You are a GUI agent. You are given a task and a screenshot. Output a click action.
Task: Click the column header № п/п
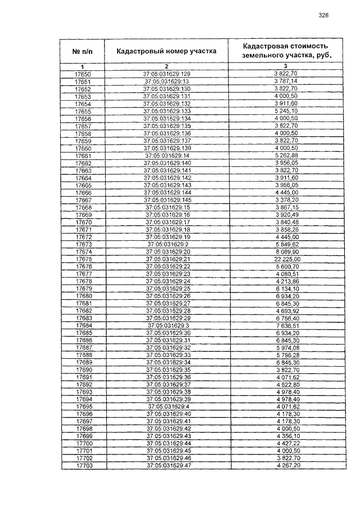(x=82, y=51)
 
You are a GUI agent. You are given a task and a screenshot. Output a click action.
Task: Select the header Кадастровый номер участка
(x=166, y=51)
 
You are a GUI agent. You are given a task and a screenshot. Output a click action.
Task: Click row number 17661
(x=83, y=156)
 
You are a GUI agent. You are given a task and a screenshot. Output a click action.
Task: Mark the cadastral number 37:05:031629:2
(x=167, y=244)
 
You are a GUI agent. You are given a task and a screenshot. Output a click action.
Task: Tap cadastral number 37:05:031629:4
(x=167, y=406)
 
